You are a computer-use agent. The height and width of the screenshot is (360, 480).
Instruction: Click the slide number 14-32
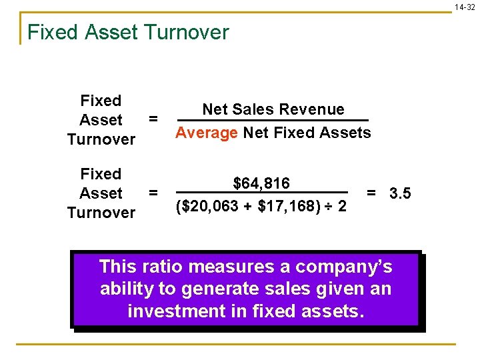coord(465,7)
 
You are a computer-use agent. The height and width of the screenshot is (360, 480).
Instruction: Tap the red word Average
coord(206,133)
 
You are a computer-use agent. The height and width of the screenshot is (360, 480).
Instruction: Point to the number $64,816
coord(261,183)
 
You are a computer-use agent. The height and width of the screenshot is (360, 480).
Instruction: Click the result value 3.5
coord(400,194)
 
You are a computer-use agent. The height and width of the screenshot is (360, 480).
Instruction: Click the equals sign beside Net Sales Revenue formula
coord(153,119)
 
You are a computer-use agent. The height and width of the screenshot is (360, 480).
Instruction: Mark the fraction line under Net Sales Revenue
coord(272,121)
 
